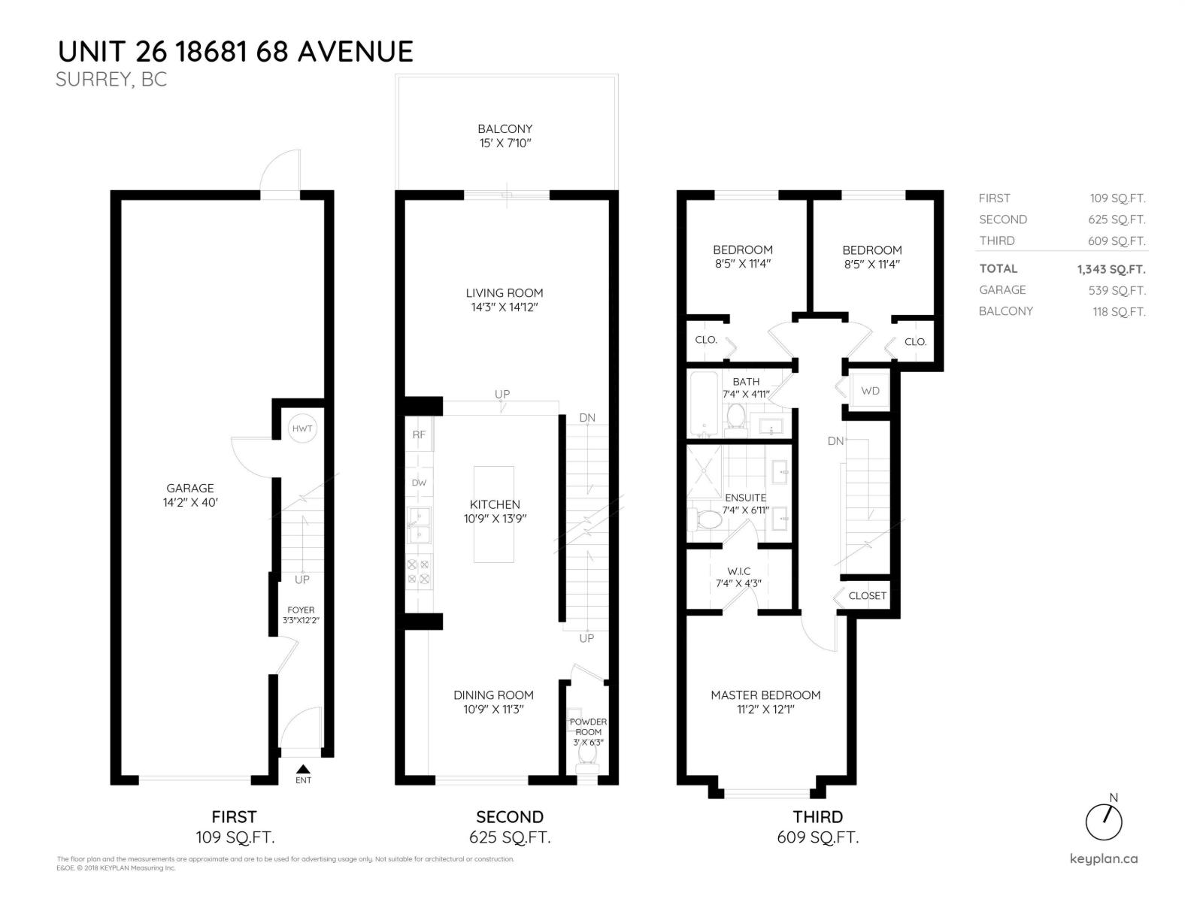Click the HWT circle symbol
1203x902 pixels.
click(302, 428)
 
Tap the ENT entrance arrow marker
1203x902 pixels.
click(303, 769)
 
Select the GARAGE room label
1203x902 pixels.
click(190, 488)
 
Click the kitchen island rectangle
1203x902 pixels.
click(494, 514)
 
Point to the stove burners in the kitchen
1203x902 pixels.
click(418, 571)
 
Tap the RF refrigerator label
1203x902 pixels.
click(419, 434)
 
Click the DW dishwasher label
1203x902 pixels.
click(419, 483)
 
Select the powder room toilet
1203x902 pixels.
click(586, 761)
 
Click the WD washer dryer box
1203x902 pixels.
click(870, 391)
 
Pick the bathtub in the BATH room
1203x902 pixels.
click(705, 403)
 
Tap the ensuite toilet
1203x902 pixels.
click(704, 519)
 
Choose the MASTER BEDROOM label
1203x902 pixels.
click(765, 695)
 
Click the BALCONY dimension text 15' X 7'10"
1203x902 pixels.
click(505, 143)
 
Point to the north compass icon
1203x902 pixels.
click(1104, 821)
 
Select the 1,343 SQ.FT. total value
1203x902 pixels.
click(1111, 269)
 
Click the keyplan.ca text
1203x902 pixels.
click(1103, 859)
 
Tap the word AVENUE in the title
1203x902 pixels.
click(356, 52)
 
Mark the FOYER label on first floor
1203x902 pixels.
click(301, 610)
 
